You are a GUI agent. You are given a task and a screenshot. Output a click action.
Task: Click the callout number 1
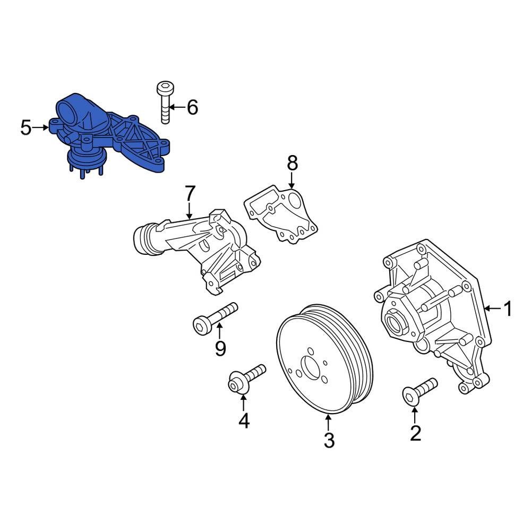tap(508, 309)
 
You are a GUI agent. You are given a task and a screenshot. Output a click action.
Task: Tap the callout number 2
tap(415, 433)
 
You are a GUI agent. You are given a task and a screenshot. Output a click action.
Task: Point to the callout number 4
tap(244, 420)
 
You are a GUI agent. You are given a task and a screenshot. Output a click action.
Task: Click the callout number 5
tap(26, 127)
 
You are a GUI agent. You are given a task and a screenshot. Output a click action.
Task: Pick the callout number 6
tap(192, 107)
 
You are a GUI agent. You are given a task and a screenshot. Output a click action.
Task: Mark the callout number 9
tap(220, 348)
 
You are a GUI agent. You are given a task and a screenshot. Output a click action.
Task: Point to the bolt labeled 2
tap(419, 390)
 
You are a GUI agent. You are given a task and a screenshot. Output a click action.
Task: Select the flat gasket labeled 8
tap(281, 212)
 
